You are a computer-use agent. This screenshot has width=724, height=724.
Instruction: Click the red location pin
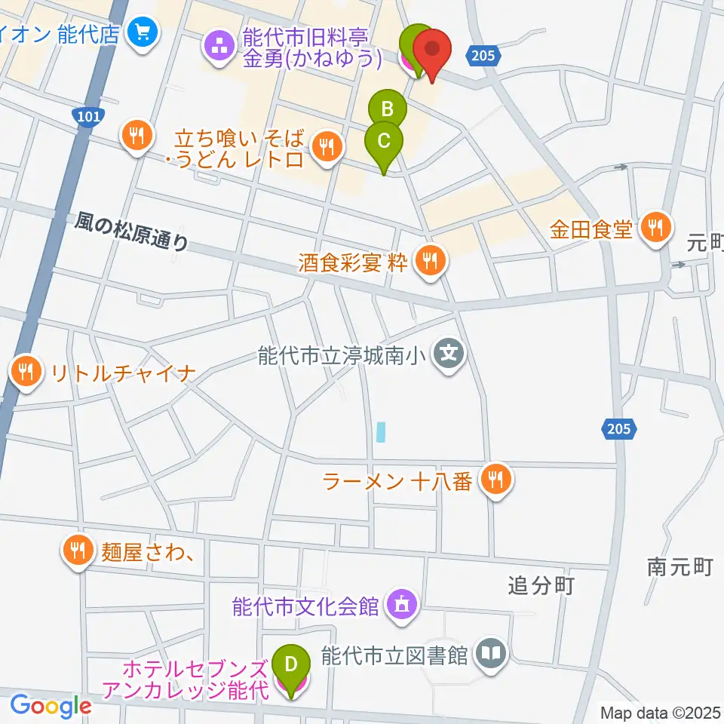tap(432, 50)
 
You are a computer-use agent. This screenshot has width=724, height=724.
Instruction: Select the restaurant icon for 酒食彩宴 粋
tap(431, 262)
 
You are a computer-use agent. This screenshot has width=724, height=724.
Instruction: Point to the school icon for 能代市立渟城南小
tap(451, 351)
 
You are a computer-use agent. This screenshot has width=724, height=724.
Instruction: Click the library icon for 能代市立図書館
tap(491, 653)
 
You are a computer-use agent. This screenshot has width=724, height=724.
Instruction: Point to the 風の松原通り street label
tap(131, 231)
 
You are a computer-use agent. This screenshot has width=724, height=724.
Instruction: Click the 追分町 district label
tap(541, 584)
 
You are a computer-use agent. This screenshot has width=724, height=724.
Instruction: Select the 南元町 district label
tap(680, 567)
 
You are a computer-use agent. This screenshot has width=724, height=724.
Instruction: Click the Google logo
tap(51, 706)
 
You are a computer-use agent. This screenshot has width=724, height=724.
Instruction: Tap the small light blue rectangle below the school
tap(382, 432)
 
